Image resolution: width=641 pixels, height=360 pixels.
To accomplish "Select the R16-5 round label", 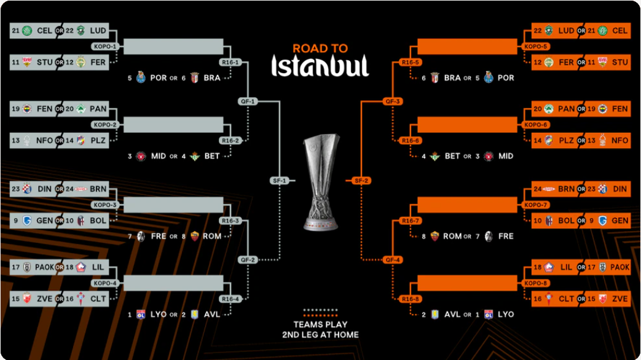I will pyautogui.click(x=409, y=62).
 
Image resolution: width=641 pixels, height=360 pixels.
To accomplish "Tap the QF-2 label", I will pyautogui.click(x=247, y=259).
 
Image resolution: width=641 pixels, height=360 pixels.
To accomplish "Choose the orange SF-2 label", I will pyautogui.click(x=361, y=181).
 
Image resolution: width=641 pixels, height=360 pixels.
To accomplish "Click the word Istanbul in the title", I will pyautogui.click(x=320, y=66).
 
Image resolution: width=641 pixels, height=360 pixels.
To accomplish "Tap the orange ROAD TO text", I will pyautogui.click(x=320, y=49).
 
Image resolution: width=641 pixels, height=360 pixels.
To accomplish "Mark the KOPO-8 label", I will pyautogui.click(x=537, y=283).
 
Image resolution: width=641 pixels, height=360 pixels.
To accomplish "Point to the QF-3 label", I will pyautogui.click(x=393, y=101).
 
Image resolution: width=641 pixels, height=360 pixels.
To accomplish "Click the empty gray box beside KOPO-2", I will pyautogui.click(x=174, y=125).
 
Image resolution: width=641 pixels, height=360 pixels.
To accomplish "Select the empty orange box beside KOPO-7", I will pyautogui.click(x=467, y=205).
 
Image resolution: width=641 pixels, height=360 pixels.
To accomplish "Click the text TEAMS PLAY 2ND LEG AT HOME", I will pyautogui.click(x=320, y=329).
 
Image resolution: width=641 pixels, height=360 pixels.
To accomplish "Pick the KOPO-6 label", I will pyautogui.click(x=537, y=125).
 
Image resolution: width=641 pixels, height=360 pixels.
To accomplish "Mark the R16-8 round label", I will pyautogui.click(x=409, y=299).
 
